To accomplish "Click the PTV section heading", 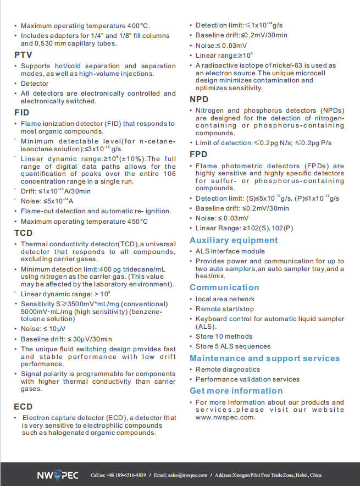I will [23, 55].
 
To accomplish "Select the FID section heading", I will [22, 113].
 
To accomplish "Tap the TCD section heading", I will [24, 233].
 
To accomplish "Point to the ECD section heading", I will [24, 407].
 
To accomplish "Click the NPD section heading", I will [200, 100].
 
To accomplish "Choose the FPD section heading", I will [199, 154].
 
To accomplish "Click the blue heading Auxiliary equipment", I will [234, 240].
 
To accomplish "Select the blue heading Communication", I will [224, 288].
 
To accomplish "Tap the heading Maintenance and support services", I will [265, 358].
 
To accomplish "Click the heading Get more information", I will [236, 391].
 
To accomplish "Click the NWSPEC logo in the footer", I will [58, 475].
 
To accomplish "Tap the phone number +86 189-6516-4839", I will [126, 475].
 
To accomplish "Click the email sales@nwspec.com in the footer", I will [187, 475].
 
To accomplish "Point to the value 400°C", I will [139, 26].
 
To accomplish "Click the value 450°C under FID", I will [137, 221].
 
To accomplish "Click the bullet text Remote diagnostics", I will [228, 369].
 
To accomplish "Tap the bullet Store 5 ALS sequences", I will [233, 346].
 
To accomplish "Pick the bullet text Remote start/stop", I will [225, 309].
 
